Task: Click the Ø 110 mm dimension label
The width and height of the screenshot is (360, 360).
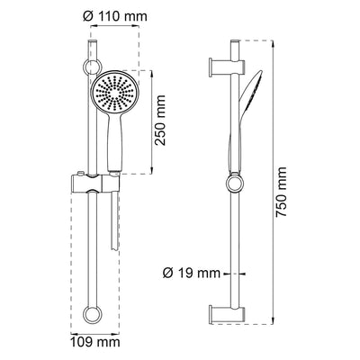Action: coord(115,16)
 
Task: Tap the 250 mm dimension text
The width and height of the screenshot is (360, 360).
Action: coord(160,121)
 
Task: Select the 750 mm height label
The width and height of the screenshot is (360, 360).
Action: coord(282,192)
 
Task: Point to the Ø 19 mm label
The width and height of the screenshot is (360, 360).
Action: coord(192,274)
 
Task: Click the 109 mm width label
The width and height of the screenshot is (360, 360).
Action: coord(95,342)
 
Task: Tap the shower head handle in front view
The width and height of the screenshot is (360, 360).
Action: coord(113,142)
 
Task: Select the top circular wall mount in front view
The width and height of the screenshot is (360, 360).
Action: coord(93,67)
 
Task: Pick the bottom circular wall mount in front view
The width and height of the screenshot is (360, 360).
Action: coord(93,314)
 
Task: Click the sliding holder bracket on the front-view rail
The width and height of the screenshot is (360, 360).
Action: coord(95,184)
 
